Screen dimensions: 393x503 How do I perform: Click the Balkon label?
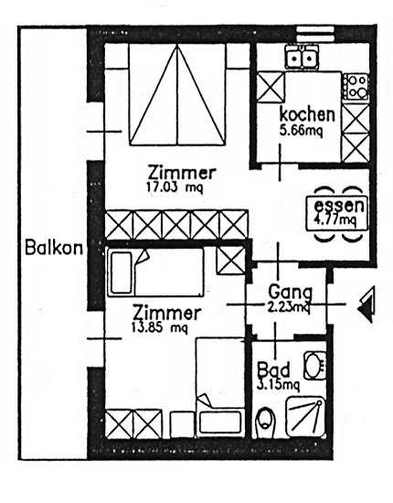click(x=54, y=248)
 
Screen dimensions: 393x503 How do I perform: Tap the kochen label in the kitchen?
click(x=307, y=114)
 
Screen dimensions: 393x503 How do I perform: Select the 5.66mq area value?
click(x=301, y=131)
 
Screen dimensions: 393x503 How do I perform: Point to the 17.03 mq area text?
click(x=175, y=187)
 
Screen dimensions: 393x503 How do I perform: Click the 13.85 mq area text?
click(x=160, y=327)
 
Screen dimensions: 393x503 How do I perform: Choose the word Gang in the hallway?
click(x=290, y=292)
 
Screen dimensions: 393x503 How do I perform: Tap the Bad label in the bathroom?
click(x=274, y=369)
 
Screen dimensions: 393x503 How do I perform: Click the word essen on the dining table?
click(x=339, y=206)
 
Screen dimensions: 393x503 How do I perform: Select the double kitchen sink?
click(x=302, y=57)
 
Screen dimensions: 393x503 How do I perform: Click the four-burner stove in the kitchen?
click(x=356, y=87)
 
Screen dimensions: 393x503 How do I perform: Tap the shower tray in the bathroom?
click(x=305, y=417)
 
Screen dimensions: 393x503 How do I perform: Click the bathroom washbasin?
click(x=314, y=365)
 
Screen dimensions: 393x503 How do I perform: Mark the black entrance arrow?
click(x=366, y=305)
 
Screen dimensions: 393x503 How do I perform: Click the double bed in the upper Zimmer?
click(x=177, y=95)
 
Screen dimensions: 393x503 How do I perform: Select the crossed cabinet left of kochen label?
click(x=271, y=87)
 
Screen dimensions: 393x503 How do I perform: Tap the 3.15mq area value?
click(x=278, y=385)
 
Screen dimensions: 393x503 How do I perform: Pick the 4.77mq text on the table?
click(x=336, y=220)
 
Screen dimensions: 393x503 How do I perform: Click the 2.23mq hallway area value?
click(x=288, y=307)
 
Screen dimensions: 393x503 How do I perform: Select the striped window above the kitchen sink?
click(x=315, y=33)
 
